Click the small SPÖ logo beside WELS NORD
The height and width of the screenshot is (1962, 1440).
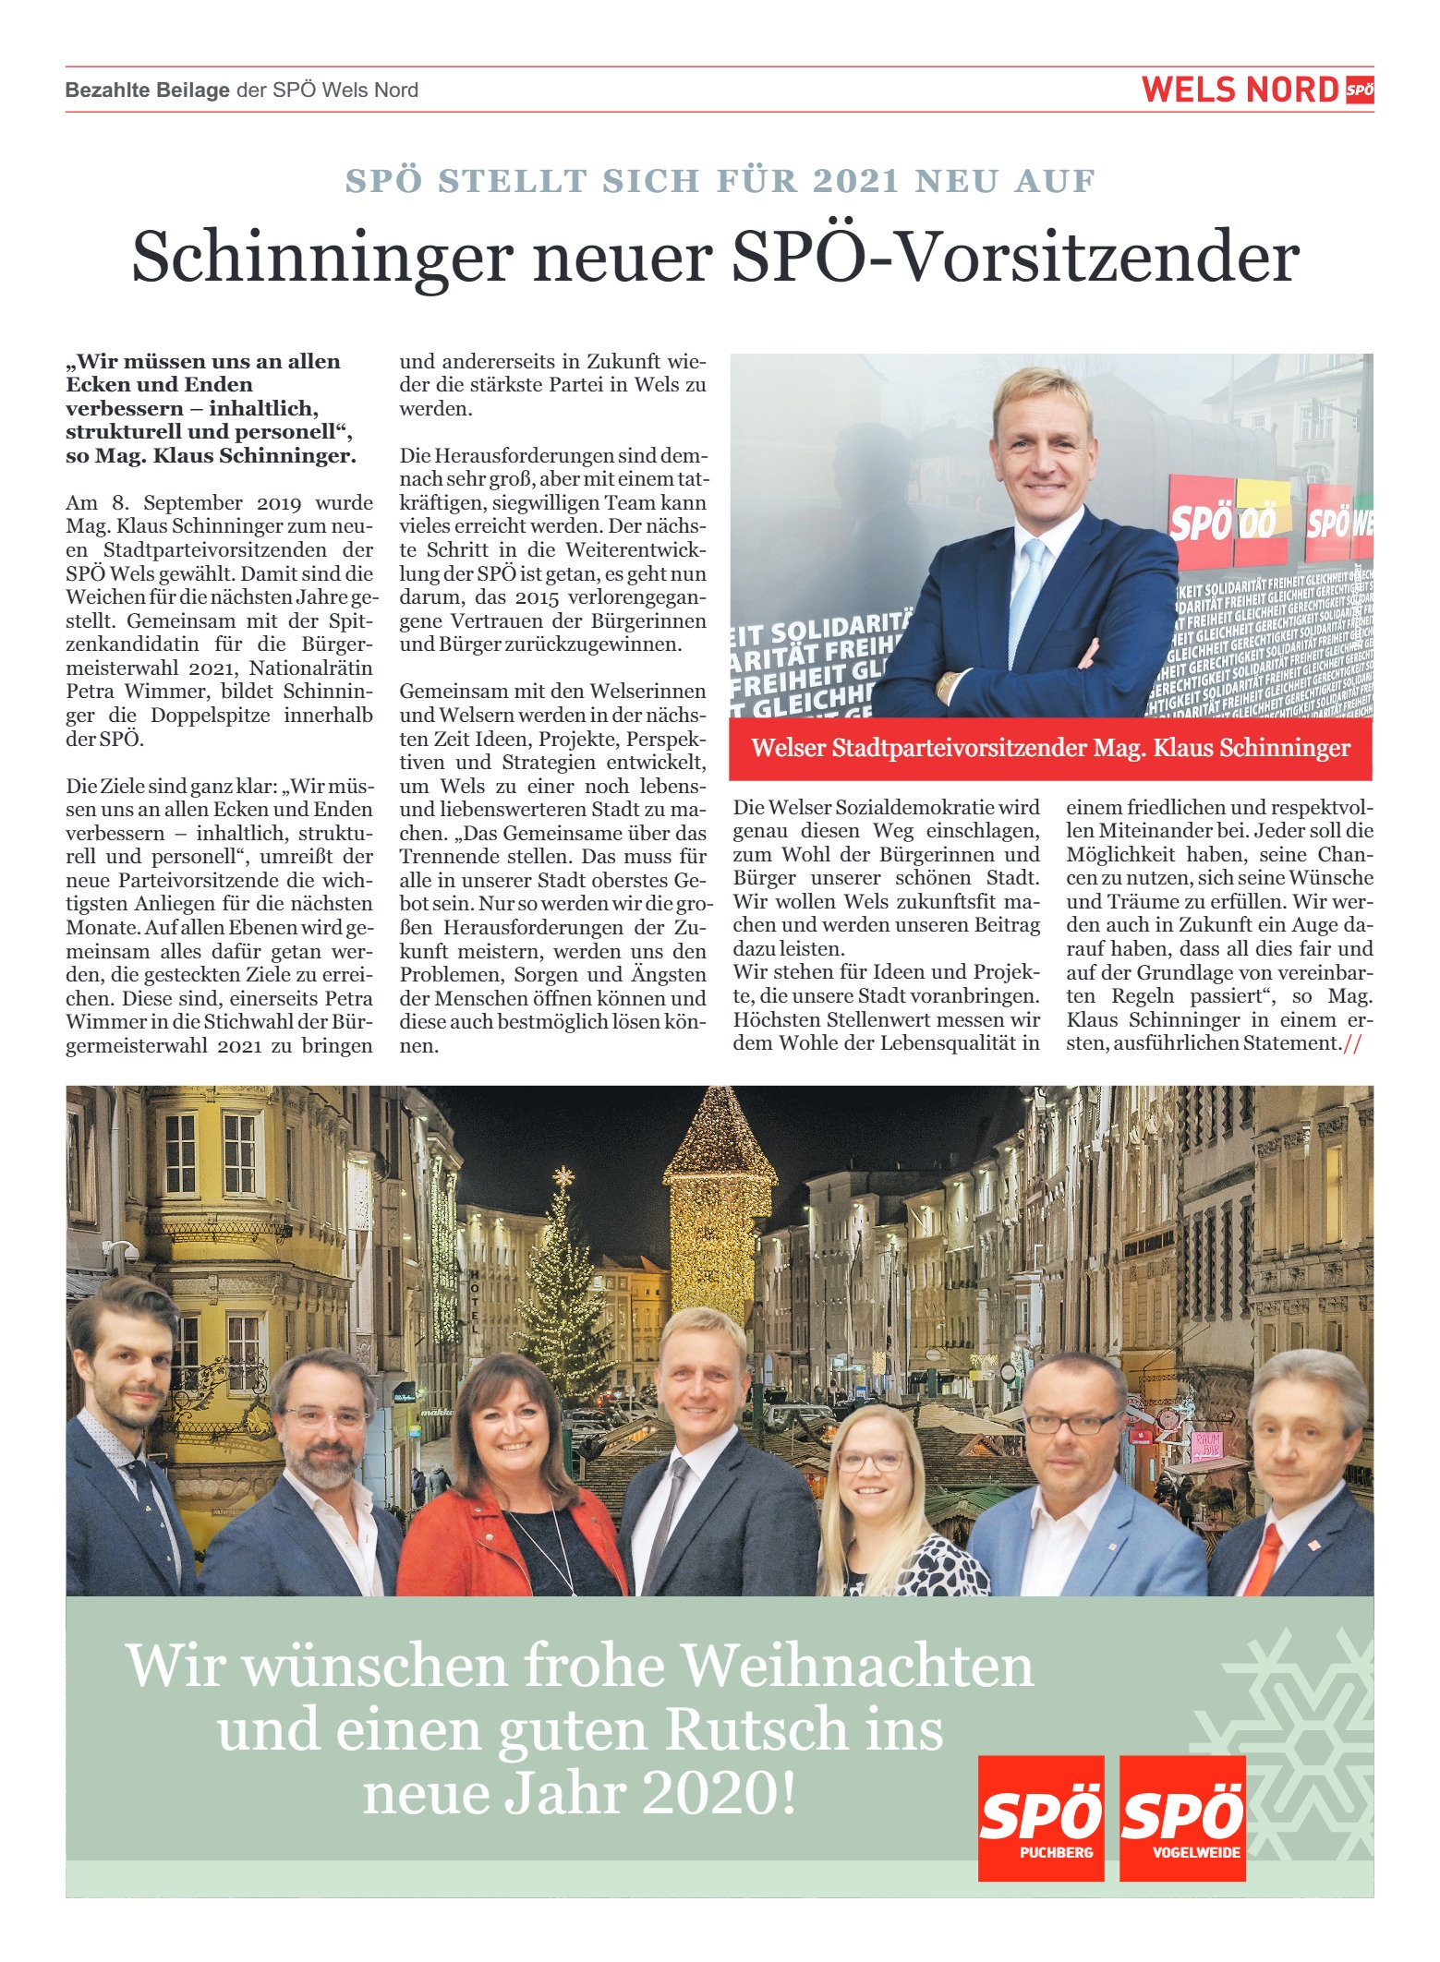[x=1359, y=90]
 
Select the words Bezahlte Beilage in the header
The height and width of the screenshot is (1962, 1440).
[x=147, y=90]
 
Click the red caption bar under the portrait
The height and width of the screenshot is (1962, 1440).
[x=1050, y=748]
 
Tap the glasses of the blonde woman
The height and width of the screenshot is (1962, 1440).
[x=870, y=1460]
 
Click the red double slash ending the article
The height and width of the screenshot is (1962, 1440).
[x=1352, y=1044]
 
